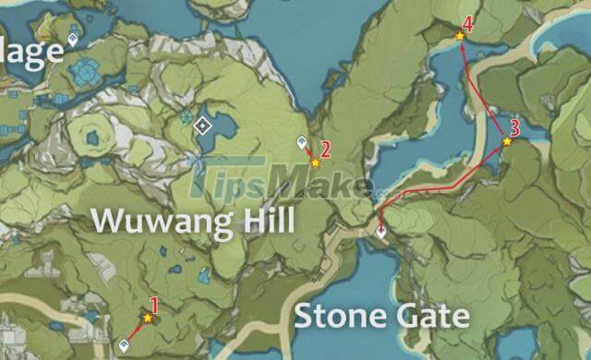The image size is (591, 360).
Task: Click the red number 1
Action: coord(155,303)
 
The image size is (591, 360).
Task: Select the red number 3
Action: coord(514,127)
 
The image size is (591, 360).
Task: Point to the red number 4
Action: coord(468,24)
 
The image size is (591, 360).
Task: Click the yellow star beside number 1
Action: coord(147,318)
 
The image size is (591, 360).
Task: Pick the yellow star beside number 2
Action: coord(316,162)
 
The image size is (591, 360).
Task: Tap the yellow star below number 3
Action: coord(507,142)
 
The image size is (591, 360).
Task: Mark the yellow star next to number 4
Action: coord(459,36)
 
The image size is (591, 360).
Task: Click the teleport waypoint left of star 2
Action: coord(301,142)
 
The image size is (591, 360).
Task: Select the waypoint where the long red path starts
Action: coord(380,232)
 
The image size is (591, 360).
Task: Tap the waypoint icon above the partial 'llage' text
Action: coord(74,40)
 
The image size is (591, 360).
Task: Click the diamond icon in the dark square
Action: coord(202,126)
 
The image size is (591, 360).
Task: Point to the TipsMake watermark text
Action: coord(277,177)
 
